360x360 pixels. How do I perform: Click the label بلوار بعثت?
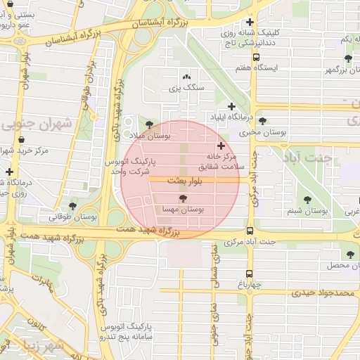point(186,181)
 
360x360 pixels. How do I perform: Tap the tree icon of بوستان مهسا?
point(184,199)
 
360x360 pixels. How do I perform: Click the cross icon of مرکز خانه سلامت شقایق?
point(221,145)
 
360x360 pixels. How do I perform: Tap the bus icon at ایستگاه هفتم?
point(255,57)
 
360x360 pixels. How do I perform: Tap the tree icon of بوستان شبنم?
point(308,199)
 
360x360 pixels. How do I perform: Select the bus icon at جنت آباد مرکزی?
point(250,231)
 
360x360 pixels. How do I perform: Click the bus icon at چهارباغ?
point(250,274)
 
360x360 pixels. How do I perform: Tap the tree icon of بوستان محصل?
point(350,255)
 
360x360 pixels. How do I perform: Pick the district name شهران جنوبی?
point(39,124)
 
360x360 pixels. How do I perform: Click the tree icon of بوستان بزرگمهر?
point(348,58)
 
